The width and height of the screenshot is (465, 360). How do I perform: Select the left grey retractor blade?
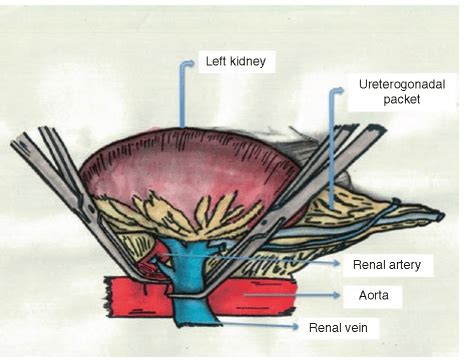(65, 190)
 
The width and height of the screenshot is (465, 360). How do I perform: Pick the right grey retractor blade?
(300, 190)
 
